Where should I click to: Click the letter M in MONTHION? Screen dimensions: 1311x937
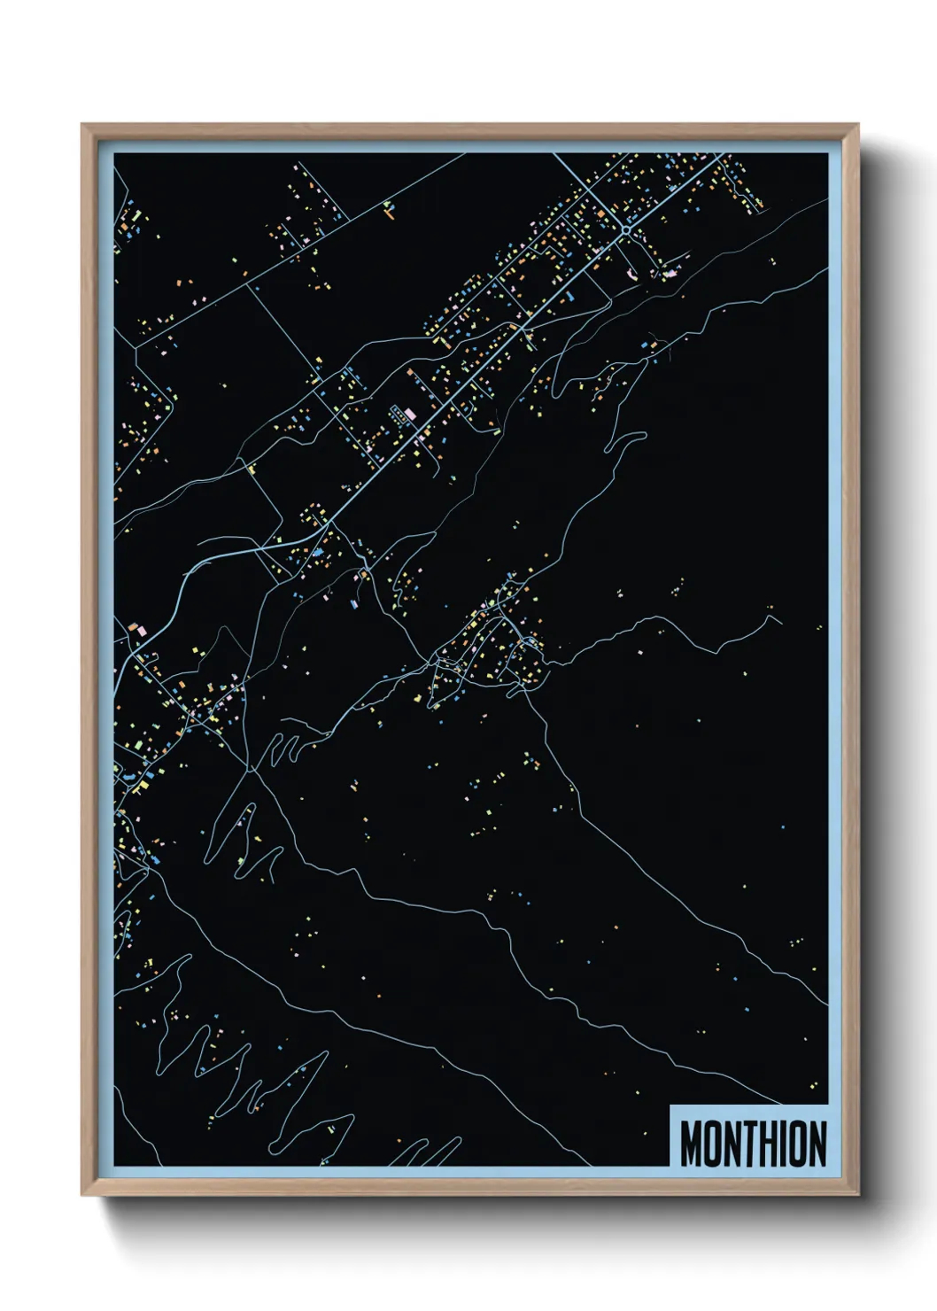pos(692,1144)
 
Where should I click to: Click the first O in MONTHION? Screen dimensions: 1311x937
pos(711,1144)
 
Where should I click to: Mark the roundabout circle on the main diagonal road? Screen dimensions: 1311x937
pos(625,229)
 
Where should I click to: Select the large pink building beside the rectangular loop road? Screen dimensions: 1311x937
pos(408,415)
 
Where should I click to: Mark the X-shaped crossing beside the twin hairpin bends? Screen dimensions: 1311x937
pos(251,770)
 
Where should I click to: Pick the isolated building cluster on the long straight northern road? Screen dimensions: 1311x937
pos(388,208)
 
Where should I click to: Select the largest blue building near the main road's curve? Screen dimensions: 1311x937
pos(317,552)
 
